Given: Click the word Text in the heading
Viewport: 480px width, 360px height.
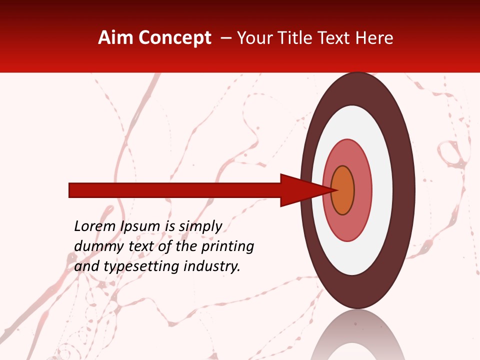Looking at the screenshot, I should point(333,38).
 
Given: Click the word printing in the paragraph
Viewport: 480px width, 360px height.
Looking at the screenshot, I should point(227,247).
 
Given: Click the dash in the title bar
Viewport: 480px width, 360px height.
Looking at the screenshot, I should point(225,38).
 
